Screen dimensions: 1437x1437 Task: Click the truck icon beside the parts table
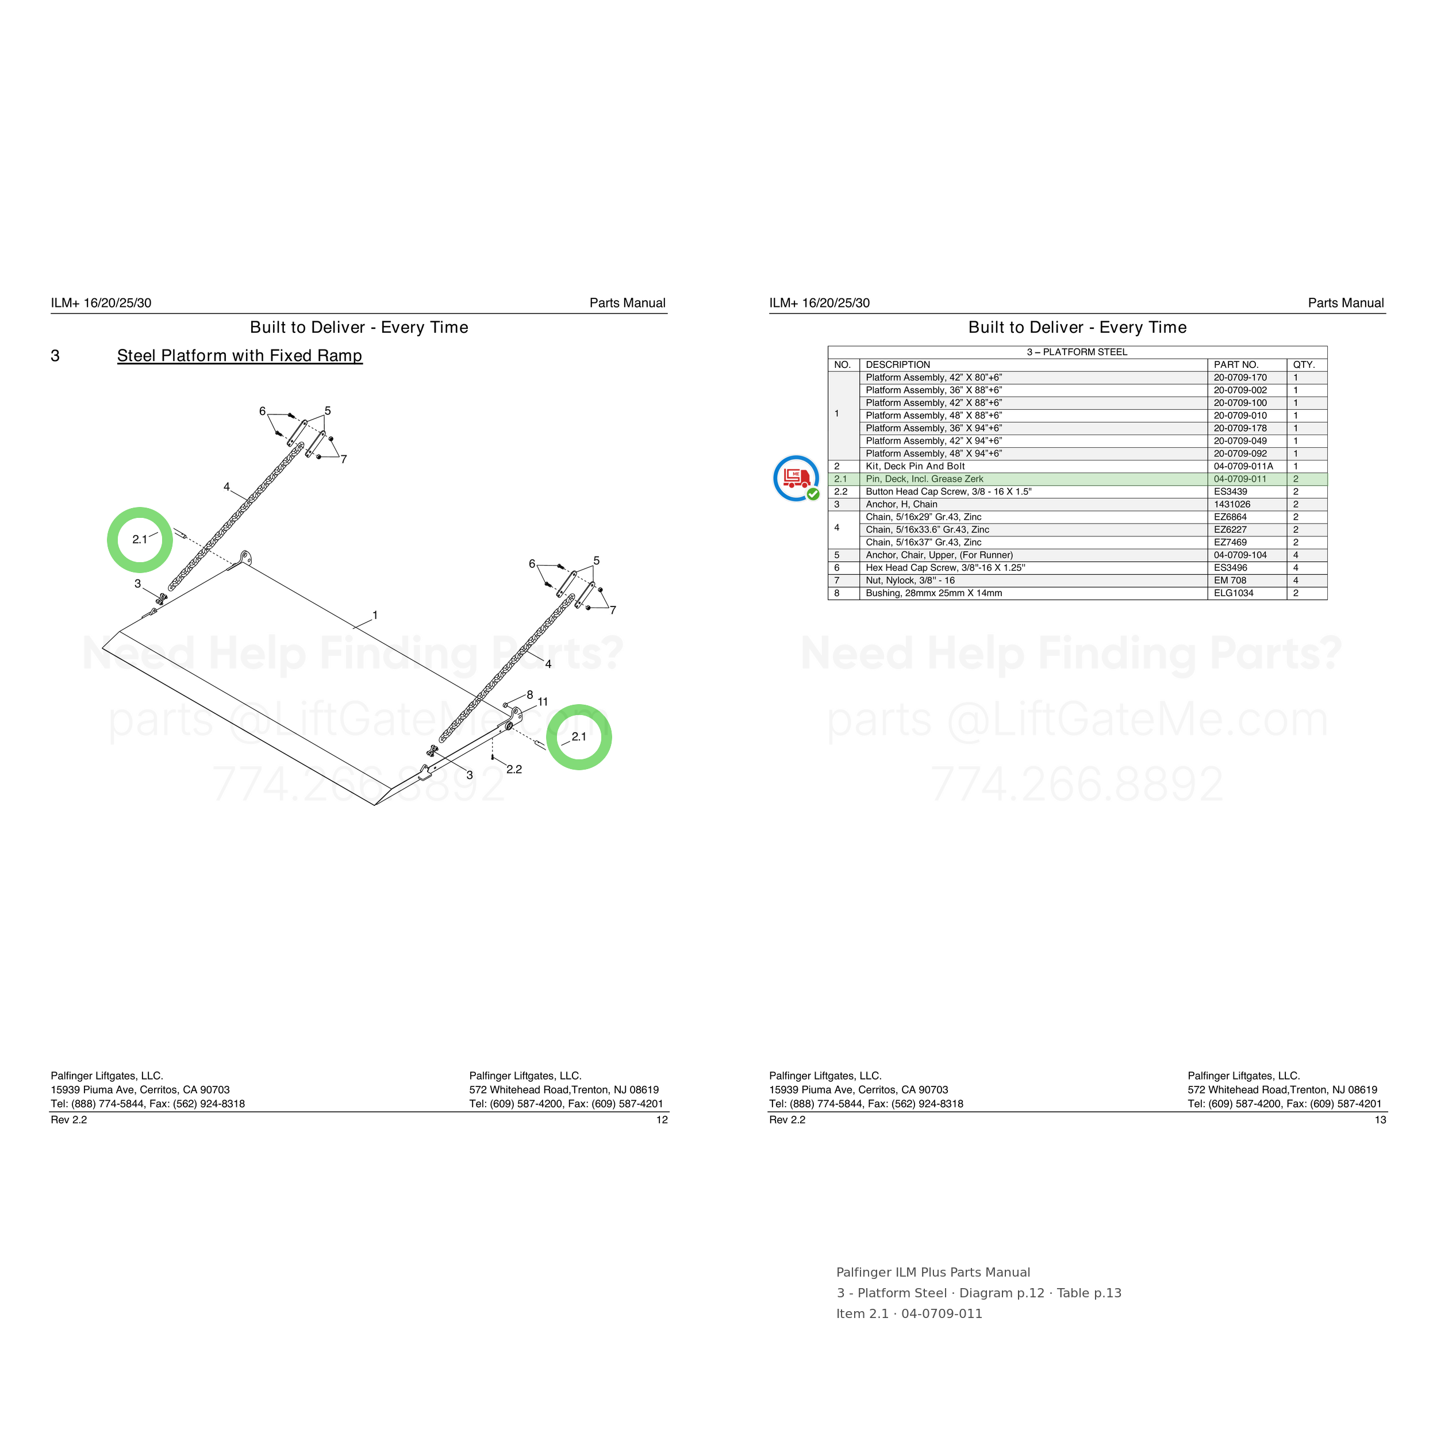pos(796,478)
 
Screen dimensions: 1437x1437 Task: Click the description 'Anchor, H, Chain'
pos(901,504)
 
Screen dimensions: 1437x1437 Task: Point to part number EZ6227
pos(1230,529)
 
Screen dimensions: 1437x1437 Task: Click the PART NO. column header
pos(1236,364)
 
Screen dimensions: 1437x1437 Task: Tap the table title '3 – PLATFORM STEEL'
pos(1077,352)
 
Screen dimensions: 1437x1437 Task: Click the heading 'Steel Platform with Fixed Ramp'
pos(240,356)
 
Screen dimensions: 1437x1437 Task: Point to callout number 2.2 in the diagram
pos(514,769)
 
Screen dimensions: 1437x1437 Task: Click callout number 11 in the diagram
pos(543,701)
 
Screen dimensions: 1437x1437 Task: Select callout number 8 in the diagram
pos(529,695)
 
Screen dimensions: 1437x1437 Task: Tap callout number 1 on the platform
pos(375,615)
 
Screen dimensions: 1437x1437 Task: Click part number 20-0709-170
pos(1240,377)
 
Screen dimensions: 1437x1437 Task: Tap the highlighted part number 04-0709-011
pos(1240,479)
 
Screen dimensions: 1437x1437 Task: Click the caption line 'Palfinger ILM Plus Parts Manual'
pos(933,1273)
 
